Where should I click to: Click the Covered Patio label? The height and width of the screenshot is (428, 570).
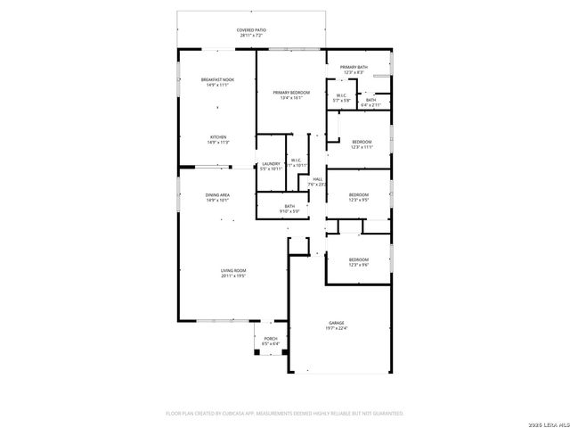(x=251, y=32)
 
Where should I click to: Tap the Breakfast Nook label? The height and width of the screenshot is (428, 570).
(x=217, y=82)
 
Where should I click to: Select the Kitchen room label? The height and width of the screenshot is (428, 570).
(x=217, y=140)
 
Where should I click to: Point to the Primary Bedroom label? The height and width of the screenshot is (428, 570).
(x=291, y=95)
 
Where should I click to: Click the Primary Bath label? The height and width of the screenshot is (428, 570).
(x=354, y=70)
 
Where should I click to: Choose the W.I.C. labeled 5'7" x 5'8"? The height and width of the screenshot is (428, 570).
(x=341, y=98)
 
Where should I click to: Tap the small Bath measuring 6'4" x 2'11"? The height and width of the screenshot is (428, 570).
(x=370, y=103)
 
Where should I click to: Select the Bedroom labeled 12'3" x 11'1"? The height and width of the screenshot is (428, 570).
(x=361, y=144)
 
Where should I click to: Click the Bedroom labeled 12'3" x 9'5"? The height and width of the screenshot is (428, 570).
(x=358, y=197)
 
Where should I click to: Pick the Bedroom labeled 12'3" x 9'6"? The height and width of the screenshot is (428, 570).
(x=358, y=262)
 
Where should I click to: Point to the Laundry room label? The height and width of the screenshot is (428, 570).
(x=271, y=166)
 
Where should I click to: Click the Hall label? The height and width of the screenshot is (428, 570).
(x=317, y=181)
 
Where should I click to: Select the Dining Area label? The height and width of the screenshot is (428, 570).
(x=217, y=197)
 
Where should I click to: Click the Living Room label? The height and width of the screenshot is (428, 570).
(x=233, y=273)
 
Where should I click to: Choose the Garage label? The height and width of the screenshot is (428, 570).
(x=336, y=325)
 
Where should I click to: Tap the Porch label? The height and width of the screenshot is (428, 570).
(x=271, y=341)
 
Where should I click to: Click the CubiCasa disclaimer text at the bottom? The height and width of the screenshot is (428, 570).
(x=285, y=414)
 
